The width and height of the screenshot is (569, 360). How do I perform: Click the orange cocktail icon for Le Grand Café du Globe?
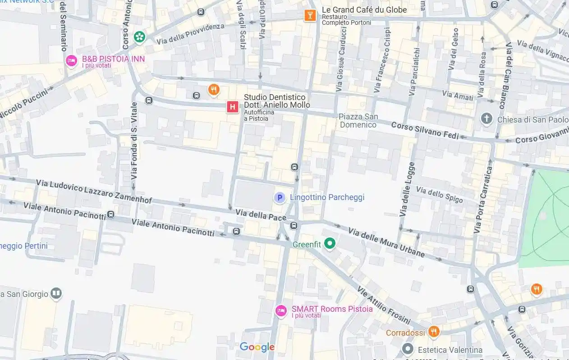click(x=310, y=15)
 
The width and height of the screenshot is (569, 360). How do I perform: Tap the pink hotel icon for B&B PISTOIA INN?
click(x=71, y=61)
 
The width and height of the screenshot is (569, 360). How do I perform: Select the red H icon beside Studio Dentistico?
click(x=232, y=107)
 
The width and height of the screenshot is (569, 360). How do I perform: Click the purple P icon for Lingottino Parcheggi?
click(x=280, y=198)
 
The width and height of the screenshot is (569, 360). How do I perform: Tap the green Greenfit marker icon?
click(x=330, y=244)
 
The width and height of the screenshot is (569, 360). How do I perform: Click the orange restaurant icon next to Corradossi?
click(x=433, y=332)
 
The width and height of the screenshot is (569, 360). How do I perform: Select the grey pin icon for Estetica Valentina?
click(x=408, y=349)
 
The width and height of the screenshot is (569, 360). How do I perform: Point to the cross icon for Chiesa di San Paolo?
click(x=486, y=119)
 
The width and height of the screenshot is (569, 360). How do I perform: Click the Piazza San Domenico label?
click(x=358, y=121)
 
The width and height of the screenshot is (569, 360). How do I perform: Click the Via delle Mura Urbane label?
click(x=386, y=242)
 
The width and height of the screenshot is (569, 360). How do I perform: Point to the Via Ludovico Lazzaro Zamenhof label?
click(x=94, y=191)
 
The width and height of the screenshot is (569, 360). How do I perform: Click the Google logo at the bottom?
click(x=257, y=347)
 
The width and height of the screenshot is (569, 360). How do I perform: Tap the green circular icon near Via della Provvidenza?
click(x=140, y=36)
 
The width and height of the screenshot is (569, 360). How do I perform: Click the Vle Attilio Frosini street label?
click(x=384, y=305)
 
